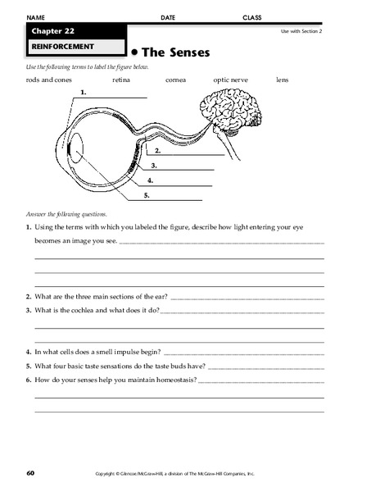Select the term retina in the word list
(x=124, y=80)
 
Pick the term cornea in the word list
(x=175, y=80)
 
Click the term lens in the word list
(x=283, y=80)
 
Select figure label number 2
(x=156, y=151)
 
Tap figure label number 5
(x=146, y=195)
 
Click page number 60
(x=30, y=473)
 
